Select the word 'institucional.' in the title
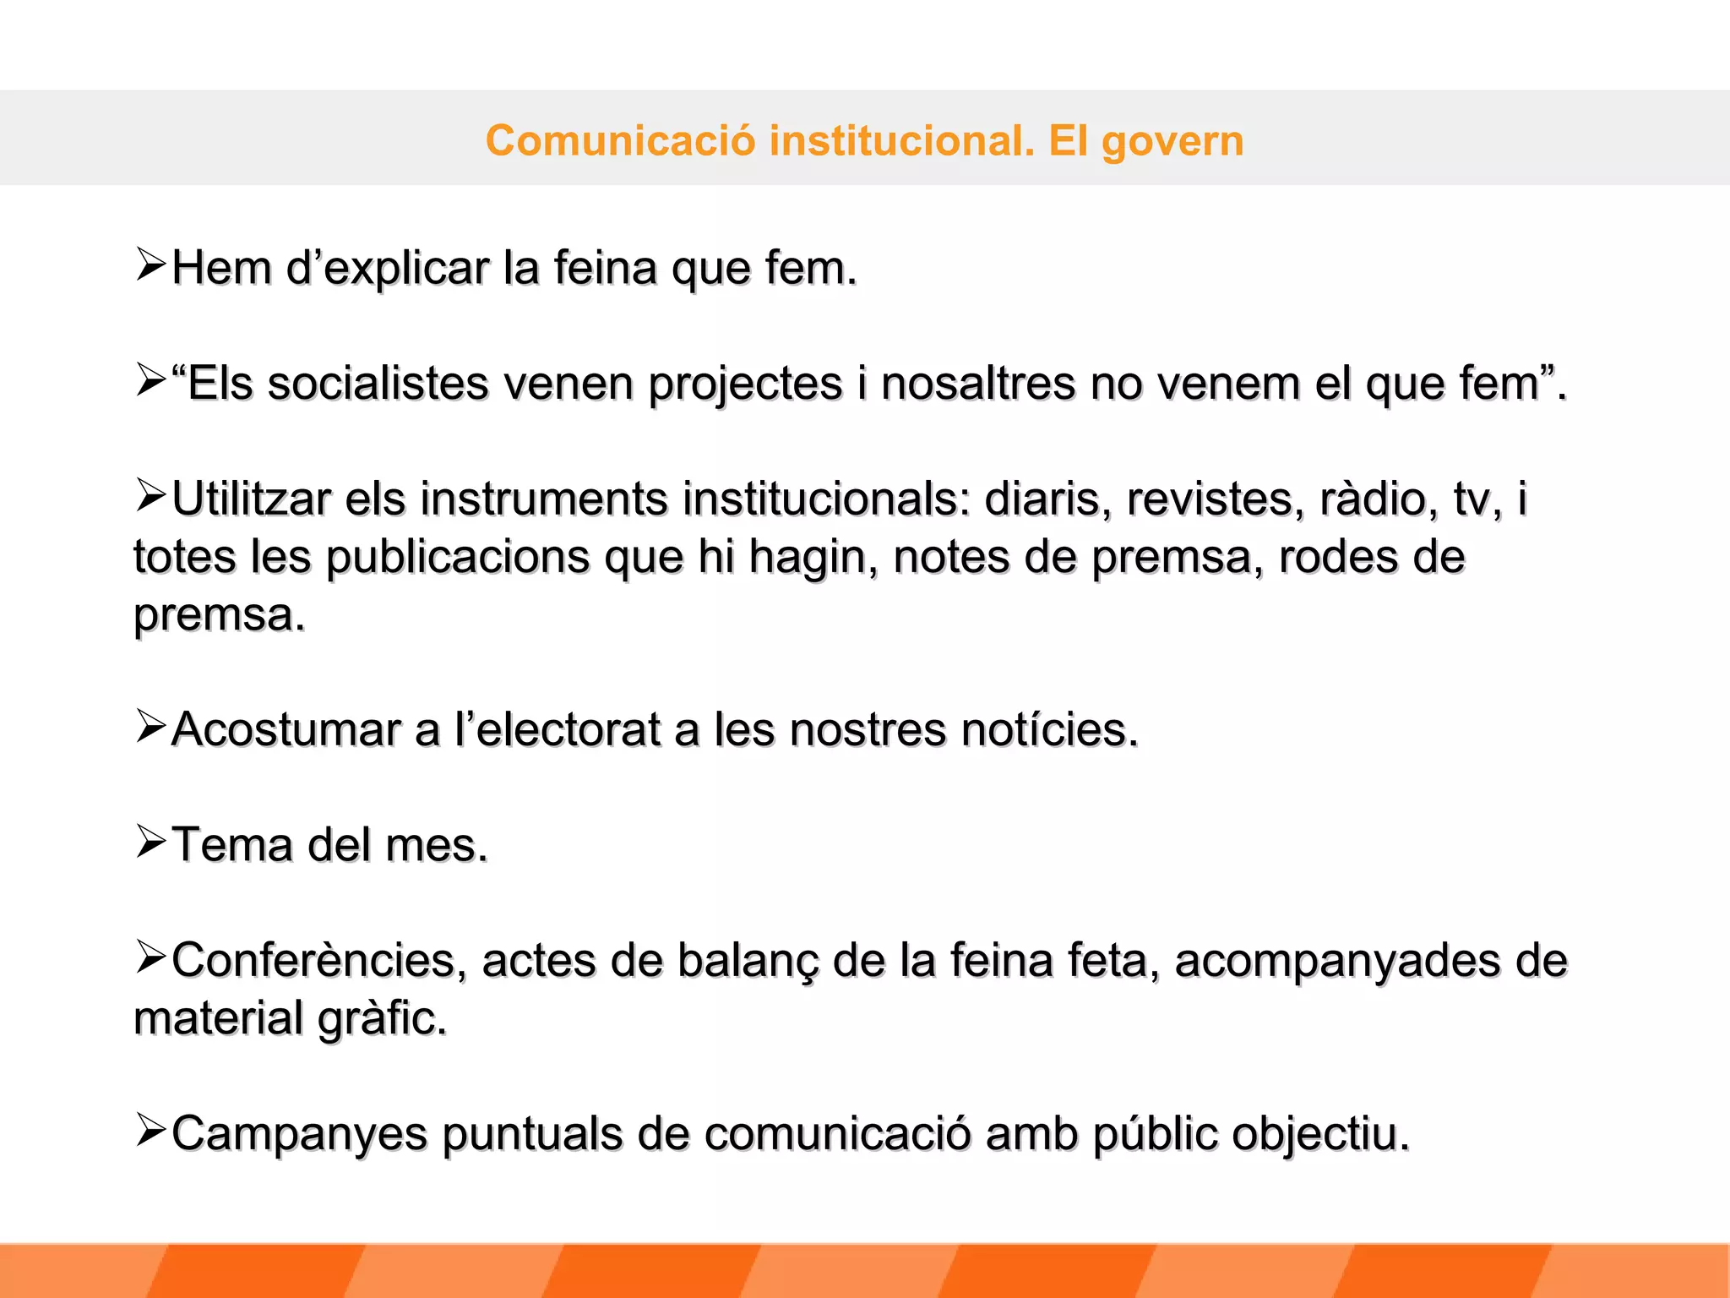pos(901,140)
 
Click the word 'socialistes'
pos(378,384)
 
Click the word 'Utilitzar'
pos(251,499)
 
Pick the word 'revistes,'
pos(1210,499)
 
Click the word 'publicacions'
pos(458,558)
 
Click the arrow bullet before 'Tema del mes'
pos(150,842)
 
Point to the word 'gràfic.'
pos(382,1019)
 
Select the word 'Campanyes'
pos(299,1135)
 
